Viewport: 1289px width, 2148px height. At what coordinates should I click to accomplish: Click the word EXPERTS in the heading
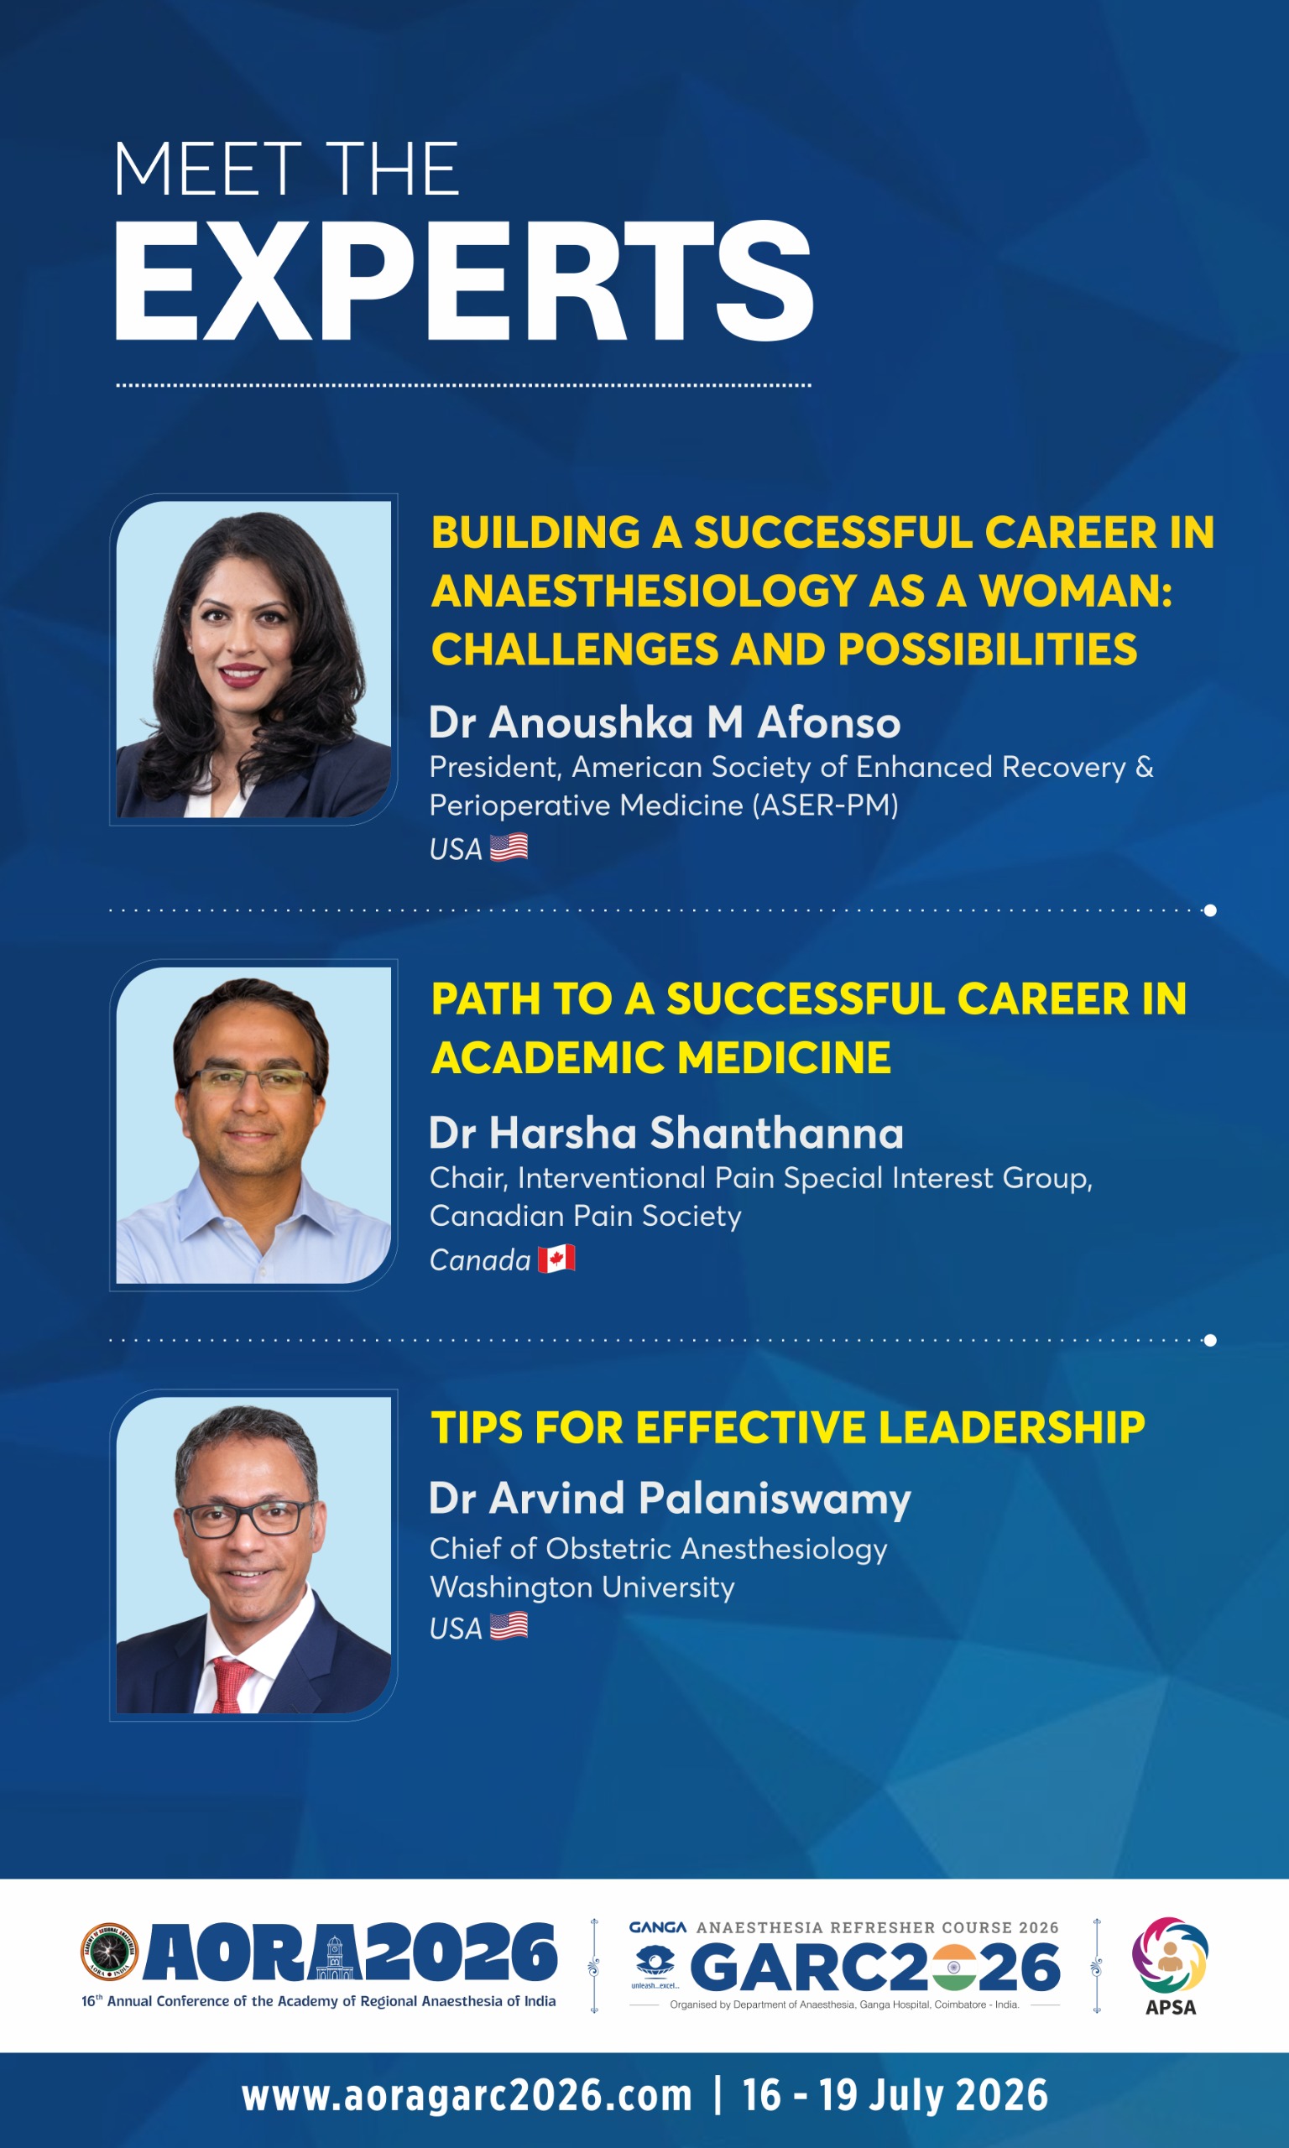[464, 280]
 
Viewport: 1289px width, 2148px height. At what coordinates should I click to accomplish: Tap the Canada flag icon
[556, 1258]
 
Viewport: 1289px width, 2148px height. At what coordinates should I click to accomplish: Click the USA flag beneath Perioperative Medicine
[509, 847]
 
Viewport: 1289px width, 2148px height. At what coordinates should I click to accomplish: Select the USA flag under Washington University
[509, 1625]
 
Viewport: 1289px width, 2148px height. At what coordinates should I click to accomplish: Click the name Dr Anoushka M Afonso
[665, 722]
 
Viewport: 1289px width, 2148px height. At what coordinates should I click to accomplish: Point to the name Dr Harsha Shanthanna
[666, 1133]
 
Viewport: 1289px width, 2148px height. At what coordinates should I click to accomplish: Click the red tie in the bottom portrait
[230, 1684]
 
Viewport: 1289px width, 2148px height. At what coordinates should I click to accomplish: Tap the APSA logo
[1170, 1967]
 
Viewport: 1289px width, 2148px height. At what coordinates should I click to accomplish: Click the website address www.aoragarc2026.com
[467, 2095]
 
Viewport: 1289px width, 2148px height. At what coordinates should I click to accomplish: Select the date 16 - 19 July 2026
[895, 2095]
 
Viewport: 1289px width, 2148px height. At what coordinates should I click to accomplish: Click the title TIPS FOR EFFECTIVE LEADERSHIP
[788, 1427]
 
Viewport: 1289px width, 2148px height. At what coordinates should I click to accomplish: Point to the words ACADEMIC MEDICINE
[661, 1057]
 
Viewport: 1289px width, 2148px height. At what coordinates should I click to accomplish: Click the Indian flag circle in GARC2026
[952, 1968]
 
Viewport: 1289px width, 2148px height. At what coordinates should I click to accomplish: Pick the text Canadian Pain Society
[586, 1217]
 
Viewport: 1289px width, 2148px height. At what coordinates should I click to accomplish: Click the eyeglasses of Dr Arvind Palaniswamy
[245, 1518]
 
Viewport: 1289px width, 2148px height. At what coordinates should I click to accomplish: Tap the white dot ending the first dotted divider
[1210, 910]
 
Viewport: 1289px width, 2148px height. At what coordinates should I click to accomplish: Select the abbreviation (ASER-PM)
[824, 805]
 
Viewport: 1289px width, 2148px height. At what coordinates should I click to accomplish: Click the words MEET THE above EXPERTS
[287, 169]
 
